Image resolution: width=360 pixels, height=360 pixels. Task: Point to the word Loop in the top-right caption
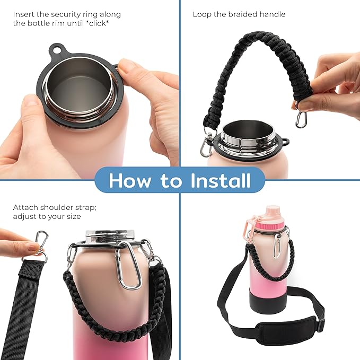tap(201, 14)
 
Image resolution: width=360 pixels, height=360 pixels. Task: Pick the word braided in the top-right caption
tap(244, 14)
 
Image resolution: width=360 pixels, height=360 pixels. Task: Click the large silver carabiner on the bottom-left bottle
tap(128, 267)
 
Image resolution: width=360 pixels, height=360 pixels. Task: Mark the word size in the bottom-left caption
tap(71, 217)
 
